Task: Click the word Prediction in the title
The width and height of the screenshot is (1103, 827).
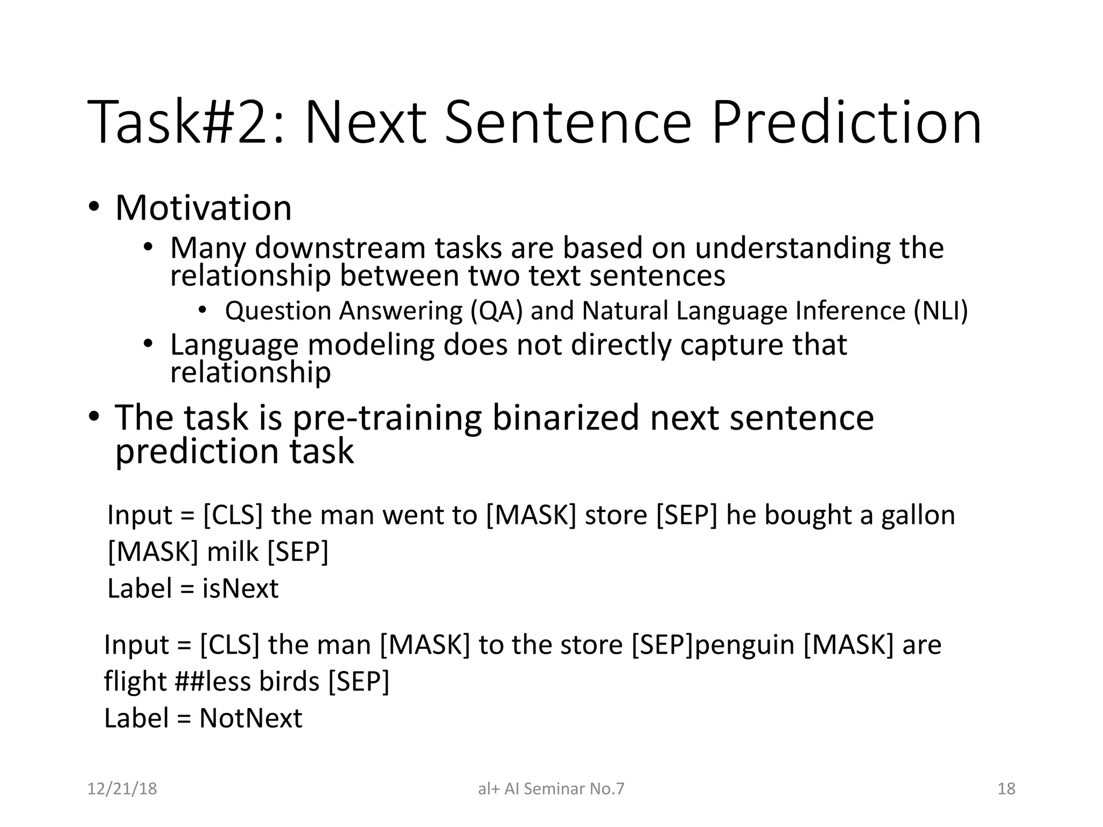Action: [846, 123]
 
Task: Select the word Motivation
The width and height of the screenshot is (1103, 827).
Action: [203, 208]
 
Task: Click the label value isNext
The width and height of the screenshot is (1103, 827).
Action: [240, 588]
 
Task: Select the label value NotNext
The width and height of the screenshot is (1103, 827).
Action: [250, 718]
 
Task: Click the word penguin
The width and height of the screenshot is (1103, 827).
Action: [744, 644]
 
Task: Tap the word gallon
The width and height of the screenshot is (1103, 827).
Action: [918, 515]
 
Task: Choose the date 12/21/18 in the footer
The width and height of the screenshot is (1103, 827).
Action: [122, 789]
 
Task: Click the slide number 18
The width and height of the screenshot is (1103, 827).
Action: [1006, 789]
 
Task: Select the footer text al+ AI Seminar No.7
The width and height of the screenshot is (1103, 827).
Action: [550, 789]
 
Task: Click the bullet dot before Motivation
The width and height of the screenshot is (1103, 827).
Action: [94, 208]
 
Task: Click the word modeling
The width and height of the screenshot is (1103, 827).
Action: [371, 345]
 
